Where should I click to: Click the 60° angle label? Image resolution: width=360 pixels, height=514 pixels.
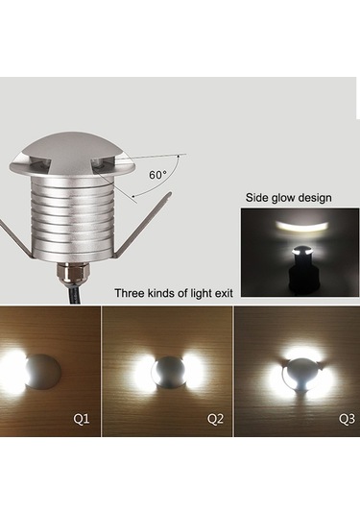[157, 175]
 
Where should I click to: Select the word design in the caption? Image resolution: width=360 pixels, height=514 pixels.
[311, 198]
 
